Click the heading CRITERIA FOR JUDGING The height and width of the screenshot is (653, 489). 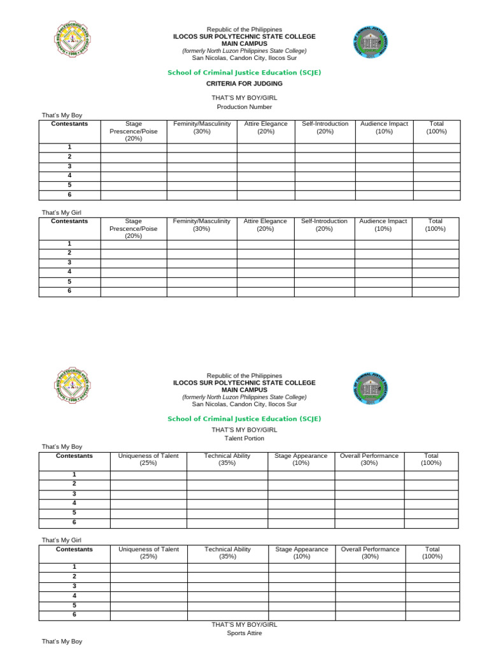(244, 84)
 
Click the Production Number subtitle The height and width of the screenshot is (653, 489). (244, 106)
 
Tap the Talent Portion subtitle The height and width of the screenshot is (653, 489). (244, 438)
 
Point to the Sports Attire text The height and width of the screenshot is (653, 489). (244, 633)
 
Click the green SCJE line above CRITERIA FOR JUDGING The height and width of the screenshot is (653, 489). (244, 73)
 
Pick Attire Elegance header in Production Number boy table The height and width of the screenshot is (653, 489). (266, 128)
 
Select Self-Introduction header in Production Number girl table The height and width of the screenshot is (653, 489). (324, 225)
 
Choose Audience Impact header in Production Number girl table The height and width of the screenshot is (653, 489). (383, 225)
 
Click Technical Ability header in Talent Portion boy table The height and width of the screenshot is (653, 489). (227, 460)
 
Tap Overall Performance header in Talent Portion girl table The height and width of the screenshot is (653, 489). (370, 553)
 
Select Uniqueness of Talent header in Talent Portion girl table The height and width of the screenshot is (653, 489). (148, 553)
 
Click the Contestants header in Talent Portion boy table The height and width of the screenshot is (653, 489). (74, 456)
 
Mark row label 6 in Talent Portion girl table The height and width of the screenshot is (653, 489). (74, 615)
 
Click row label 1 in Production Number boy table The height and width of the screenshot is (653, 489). (69, 147)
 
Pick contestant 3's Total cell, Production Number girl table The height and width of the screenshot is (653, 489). (435, 263)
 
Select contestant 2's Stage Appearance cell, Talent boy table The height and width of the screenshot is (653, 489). (301, 484)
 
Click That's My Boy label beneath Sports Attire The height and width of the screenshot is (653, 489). (62, 641)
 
